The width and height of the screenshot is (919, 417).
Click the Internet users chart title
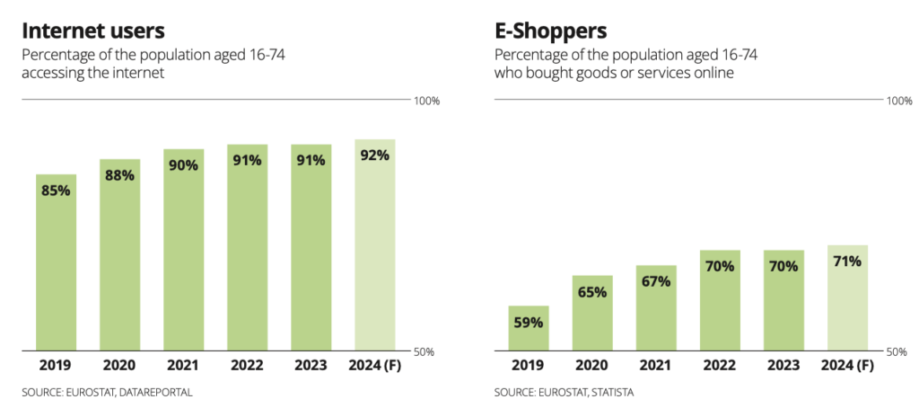click(93, 31)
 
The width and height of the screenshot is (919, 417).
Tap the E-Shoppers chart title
click(551, 31)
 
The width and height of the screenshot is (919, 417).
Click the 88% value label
click(119, 175)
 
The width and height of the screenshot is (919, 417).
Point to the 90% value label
click(183, 165)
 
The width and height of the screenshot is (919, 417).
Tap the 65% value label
click(592, 291)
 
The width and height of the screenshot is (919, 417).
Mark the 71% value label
click(847, 262)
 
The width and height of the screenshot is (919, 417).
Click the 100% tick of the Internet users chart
click(426, 101)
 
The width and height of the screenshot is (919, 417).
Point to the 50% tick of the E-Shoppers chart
click(899, 351)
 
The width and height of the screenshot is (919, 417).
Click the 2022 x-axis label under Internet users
click(247, 366)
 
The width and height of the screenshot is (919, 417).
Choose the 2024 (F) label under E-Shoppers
click(847, 366)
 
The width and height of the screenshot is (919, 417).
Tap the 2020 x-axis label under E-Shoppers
click(592, 366)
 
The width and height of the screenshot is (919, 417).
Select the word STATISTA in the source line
click(612, 393)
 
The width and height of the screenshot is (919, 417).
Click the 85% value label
click(56, 191)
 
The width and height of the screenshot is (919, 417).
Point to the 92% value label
click(374, 155)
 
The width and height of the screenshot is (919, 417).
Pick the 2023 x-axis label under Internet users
click(311, 366)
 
